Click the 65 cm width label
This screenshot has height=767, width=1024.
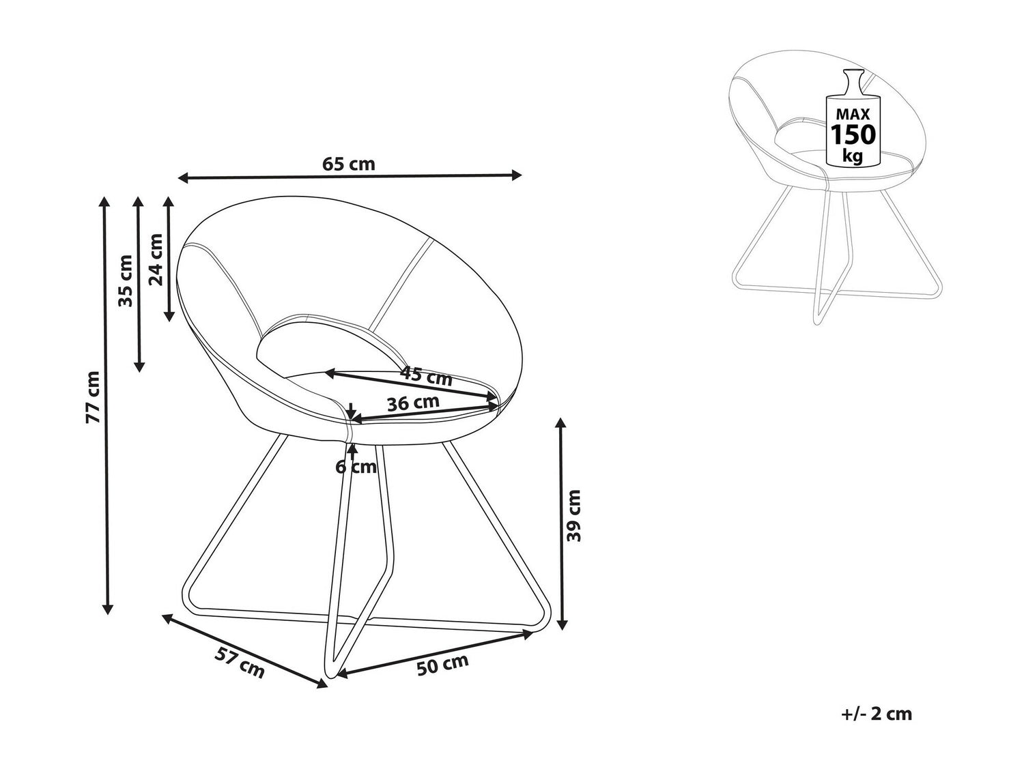coord(348,164)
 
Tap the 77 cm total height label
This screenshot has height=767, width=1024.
coord(93,397)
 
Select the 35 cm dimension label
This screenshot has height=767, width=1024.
coord(126,280)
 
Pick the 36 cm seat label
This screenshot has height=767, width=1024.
coord(413,403)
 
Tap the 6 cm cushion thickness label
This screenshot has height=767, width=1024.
coord(356,467)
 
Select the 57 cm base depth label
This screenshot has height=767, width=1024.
coord(240,663)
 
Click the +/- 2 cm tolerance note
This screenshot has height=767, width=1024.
coord(877,714)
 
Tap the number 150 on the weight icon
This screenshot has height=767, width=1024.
coord(853,134)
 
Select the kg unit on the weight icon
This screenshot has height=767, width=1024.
coord(852,156)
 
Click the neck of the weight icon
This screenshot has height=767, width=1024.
coord(852,85)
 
